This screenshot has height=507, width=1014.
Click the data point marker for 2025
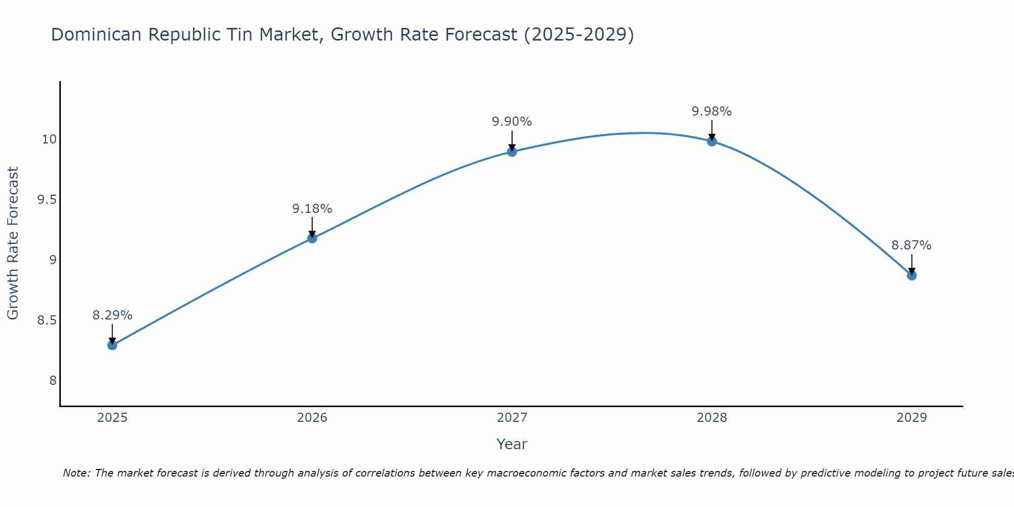click(x=112, y=345)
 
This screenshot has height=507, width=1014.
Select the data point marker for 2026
click(x=312, y=238)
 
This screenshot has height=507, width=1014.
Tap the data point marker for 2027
click(x=512, y=152)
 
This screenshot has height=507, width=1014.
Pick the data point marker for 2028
click(x=712, y=141)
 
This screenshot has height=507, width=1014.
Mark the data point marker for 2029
click(x=912, y=275)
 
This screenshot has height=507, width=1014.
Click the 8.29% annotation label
click(x=112, y=315)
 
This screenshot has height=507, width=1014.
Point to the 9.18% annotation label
click(x=312, y=209)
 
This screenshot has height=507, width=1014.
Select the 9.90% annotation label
click(x=512, y=122)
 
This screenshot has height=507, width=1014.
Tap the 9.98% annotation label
click(x=712, y=112)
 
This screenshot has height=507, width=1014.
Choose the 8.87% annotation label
click(x=912, y=245)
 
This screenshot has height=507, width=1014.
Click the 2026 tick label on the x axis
click(x=312, y=418)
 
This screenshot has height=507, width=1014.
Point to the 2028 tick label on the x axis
click(x=712, y=418)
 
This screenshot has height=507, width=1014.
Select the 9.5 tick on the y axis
click(x=47, y=200)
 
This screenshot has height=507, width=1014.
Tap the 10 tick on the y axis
click(x=49, y=139)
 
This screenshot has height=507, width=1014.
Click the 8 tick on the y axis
click(x=53, y=381)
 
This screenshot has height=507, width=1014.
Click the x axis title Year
click(x=512, y=444)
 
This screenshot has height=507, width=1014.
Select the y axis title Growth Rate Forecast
click(x=13, y=243)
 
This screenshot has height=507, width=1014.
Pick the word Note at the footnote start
click(x=76, y=473)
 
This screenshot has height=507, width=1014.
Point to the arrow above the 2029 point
click(x=912, y=264)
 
